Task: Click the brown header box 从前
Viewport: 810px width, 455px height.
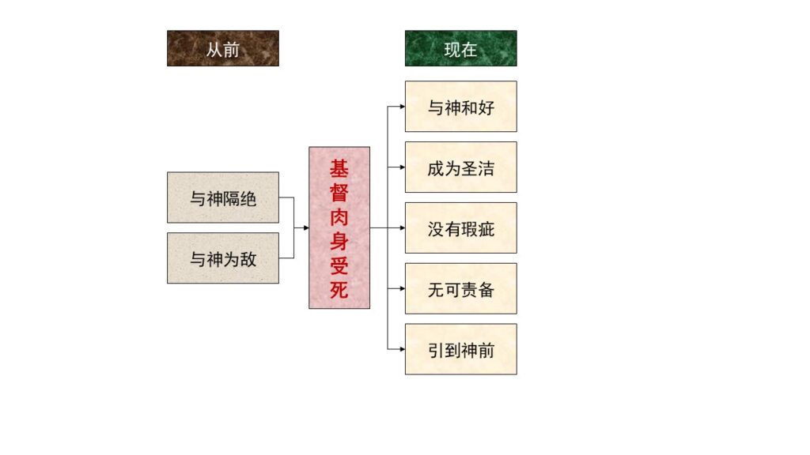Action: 222,48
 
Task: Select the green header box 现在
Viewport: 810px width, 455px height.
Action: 461,48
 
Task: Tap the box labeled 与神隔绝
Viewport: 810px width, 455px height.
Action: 222,197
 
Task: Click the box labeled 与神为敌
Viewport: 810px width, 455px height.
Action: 222,258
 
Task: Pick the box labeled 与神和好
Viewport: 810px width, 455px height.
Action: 461,107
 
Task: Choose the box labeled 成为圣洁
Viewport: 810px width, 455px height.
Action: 461,167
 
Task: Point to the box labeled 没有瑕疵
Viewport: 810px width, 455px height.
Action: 461,227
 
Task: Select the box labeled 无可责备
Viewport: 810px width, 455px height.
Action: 461,288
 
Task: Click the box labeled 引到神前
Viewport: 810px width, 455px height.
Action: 461,349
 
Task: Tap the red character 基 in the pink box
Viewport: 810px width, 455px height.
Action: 339,168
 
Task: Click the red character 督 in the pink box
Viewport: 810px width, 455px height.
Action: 339,193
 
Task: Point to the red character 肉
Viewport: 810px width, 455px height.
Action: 339,217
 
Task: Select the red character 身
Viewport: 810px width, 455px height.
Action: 339,242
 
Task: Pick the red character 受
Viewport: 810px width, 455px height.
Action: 339,265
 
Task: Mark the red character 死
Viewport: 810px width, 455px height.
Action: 339,290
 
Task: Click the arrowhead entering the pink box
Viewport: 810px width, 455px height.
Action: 306,227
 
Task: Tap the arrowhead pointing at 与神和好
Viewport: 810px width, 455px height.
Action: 403,107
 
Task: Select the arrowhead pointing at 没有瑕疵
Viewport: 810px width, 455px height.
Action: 403,227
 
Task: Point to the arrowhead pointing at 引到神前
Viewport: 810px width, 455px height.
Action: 403,349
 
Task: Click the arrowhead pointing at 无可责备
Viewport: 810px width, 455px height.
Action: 403,288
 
